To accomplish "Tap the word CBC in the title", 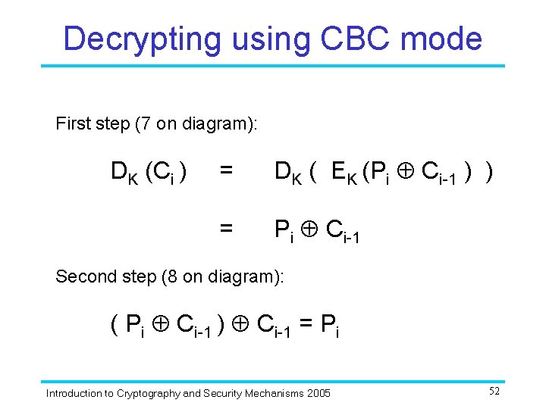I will pyautogui.click(x=358, y=38).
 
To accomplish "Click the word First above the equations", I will pyautogui.click(x=74, y=123).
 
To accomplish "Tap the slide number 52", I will pyautogui.click(x=494, y=392).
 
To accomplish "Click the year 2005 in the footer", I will pyautogui.click(x=318, y=393).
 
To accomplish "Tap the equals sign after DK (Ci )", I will pyautogui.click(x=225, y=173).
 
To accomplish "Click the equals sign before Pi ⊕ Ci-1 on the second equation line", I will pyautogui.click(x=225, y=227).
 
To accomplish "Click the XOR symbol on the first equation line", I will pyautogui.click(x=406, y=173).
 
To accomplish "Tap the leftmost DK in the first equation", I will pyautogui.click(x=124, y=173).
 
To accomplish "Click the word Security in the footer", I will pyautogui.click(x=217, y=393).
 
